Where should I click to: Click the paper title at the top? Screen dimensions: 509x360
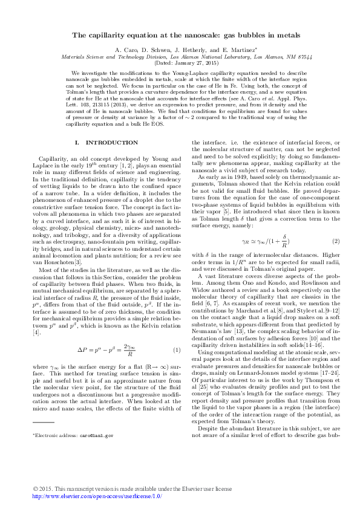click(x=180, y=36)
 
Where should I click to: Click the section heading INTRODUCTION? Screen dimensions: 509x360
click(x=112, y=143)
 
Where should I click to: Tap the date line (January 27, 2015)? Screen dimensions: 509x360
click(x=180, y=63)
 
